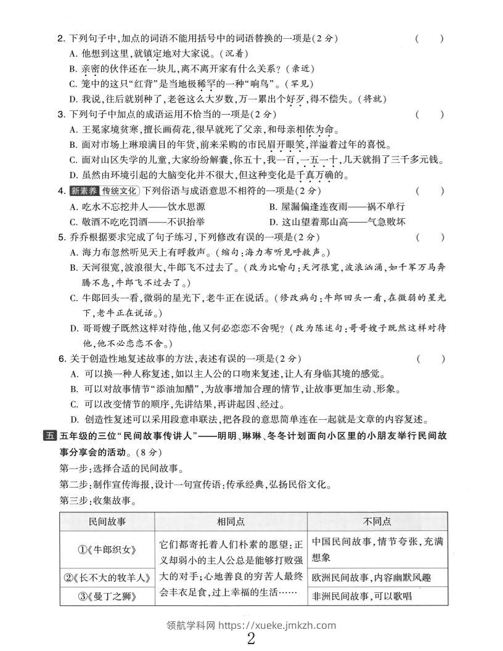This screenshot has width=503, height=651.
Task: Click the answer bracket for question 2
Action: point(429,39)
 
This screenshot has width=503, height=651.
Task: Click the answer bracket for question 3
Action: point(429,114)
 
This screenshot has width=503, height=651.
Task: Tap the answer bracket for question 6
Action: point(429,358)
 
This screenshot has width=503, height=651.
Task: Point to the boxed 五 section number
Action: point(49,436)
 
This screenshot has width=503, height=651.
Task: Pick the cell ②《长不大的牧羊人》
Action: point(107,578)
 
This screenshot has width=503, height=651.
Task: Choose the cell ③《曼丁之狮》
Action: point(107,596)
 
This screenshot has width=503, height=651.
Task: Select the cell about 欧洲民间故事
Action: point(370,578)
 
